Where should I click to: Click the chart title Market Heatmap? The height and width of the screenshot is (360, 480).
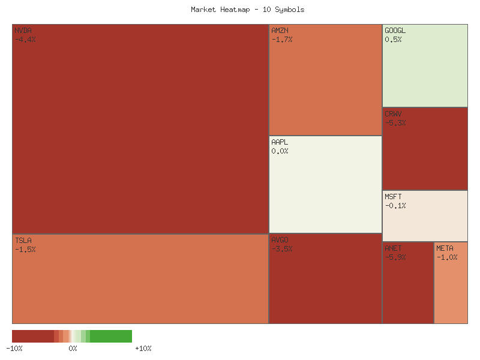click(248, 10)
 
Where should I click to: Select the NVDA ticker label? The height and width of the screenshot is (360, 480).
click(23, 30)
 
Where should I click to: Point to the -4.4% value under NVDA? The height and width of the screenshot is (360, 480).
click(25, 40)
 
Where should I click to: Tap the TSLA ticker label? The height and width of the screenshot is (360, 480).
click(23, 240)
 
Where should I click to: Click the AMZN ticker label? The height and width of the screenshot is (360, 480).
click(280, 30)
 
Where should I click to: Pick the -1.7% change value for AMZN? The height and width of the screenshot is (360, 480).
click(282, 40)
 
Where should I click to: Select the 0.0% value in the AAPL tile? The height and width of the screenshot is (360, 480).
click(280, 151)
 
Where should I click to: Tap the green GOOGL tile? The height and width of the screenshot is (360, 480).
click(425, 72)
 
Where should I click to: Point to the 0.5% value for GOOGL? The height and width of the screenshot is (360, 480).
click(393, 40)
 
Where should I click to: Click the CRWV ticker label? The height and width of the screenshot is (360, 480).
click(393, 113)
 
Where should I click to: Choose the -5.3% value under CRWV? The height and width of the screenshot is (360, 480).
click(395, 123)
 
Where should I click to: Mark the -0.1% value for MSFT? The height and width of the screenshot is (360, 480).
click(395, 206)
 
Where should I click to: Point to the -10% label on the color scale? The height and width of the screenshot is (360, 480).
click(14, 348)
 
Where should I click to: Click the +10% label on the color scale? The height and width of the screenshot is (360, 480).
click(143, 348)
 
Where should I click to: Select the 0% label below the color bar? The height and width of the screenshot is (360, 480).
click(73, 348)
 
